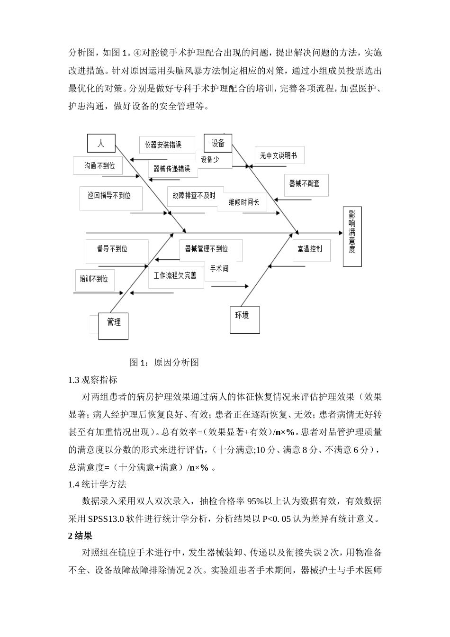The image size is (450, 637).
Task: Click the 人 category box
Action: tap(101, 144)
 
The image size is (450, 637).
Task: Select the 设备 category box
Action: tap(218, 143)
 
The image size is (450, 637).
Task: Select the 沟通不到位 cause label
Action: tap(100, 166)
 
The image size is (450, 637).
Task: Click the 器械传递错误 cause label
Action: tap(172, 168)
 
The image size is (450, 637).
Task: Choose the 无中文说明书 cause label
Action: tap(279, 155)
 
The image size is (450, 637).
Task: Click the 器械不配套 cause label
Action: tap(305, 183)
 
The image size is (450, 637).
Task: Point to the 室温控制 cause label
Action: tap(309, 248)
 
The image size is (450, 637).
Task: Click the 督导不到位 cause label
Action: tap(112, 249)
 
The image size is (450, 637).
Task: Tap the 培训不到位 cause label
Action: tap(94, 278)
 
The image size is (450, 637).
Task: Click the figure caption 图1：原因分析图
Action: tap(164, 363)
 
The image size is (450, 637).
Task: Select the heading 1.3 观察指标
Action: tap(93, 380)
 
